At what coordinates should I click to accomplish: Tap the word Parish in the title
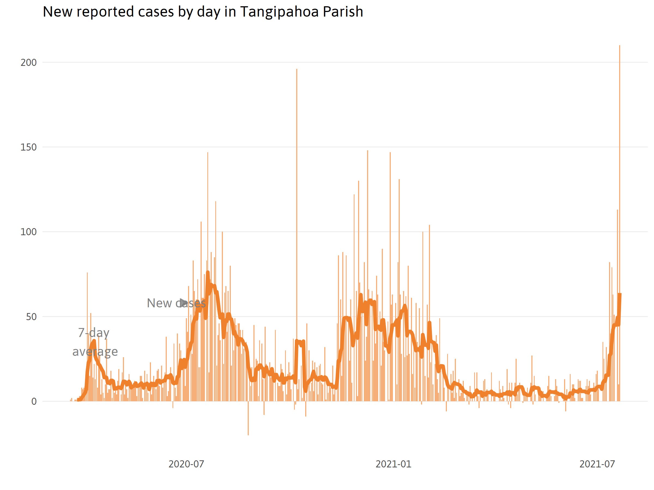(x=343, y=12)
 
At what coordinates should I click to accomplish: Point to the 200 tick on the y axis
(x=28, y=63)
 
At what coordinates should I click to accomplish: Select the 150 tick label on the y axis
(x=28, y=147)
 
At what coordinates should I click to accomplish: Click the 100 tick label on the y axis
(x=28, y=232)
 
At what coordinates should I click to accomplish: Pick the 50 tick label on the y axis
(x=31, y=317)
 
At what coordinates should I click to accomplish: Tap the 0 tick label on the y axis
(x=34, y=402)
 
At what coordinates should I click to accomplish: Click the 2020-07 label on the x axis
(x=186, y=464)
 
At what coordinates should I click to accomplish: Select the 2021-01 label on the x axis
(x=393, y=464)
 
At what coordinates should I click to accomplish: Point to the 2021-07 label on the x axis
(x=597, y=464)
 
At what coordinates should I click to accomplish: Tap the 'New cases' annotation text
(x=176, y=303)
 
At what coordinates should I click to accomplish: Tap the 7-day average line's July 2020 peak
(x=208, y=272)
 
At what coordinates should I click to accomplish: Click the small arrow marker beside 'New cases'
(x=183, y=303)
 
